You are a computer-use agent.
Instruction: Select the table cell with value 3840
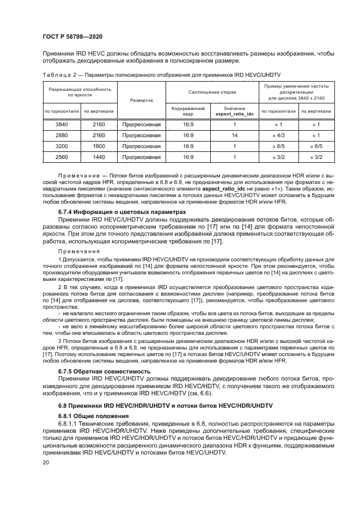click(x=62, y=125)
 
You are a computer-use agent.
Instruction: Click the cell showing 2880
click(x=62, y=136)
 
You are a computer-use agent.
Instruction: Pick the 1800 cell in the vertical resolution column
click(x=99, y=146)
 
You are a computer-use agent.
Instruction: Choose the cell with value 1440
click(x=99, y=157)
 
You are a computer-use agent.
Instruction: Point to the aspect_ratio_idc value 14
click(x=234, y=136)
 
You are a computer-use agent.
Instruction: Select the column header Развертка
click(x=142, y=100)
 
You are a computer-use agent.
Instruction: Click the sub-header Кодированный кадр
click(x=188, y=111)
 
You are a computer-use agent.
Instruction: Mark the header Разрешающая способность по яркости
click(x=80, y=92)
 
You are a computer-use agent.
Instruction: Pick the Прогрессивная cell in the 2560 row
click(x=142, y=157)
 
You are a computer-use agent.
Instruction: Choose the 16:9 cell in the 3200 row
click(x=188, y=146)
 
